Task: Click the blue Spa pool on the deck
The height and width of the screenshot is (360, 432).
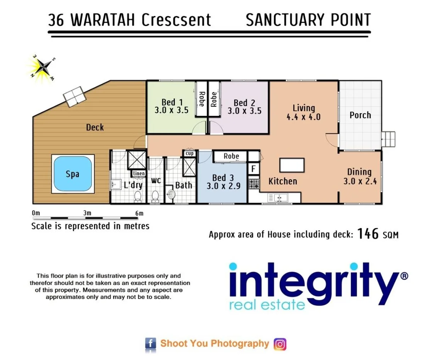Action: (x=73, y=174)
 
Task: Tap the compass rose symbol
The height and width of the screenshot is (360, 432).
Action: (x=42, y=67)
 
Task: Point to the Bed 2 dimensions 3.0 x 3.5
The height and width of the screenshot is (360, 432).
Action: (x=244, y=111)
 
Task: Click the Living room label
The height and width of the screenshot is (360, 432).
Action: (x=303, y=108)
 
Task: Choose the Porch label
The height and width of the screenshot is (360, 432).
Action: (x=360, y=115)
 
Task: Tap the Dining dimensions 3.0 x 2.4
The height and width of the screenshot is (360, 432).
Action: (x=360, y=180)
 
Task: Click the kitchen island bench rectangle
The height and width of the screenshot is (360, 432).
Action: (x=292, y=165)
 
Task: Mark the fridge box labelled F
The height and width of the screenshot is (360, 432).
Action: (x=253, y=169)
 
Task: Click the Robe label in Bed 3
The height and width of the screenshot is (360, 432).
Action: (x=231, y=156)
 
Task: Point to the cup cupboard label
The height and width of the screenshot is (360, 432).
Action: (x=189, y=153)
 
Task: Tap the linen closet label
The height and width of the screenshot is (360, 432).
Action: (x=139, y=173)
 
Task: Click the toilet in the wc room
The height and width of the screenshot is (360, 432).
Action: (x=155, y=196)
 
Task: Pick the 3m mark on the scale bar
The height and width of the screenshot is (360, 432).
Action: (x=87, y=213)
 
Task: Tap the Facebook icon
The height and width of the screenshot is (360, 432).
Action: (x=150, y=343)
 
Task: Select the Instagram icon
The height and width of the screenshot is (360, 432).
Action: (x=280, y=344)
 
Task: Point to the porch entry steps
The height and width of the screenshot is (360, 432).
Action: (x=389, y=139)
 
